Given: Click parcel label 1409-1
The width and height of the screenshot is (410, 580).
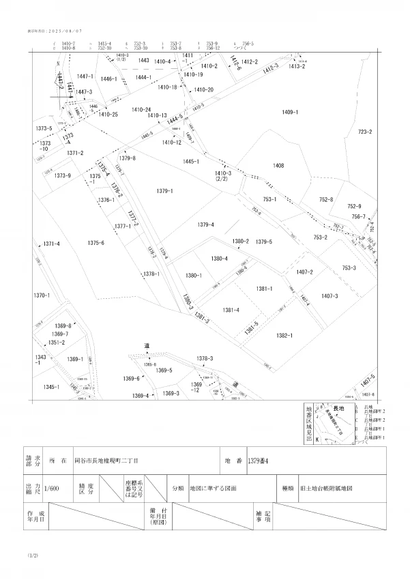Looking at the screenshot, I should pos(290,111).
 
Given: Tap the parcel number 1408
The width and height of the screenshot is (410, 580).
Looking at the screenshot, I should pos(278,166).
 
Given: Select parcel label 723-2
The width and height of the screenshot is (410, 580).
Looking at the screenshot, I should pos(365,132).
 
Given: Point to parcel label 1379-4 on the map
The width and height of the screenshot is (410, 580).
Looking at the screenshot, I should pos(206,224).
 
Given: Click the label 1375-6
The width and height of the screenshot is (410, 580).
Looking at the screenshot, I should pos(96,243).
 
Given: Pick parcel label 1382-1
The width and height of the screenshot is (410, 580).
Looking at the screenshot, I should pos(284,335).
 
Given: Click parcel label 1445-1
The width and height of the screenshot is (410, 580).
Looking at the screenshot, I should pos(191,162).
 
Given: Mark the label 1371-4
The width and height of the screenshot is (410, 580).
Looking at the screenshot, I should pos(52,244).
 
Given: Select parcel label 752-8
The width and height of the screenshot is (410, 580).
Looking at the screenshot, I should pos(325,199).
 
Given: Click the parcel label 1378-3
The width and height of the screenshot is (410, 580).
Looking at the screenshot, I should pos(205,358).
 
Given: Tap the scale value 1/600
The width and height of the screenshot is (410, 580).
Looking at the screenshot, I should pos(50,489).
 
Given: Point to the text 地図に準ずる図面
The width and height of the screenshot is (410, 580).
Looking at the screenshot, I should pos(213,489).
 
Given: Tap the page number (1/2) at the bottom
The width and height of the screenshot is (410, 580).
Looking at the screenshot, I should pos(33,557).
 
